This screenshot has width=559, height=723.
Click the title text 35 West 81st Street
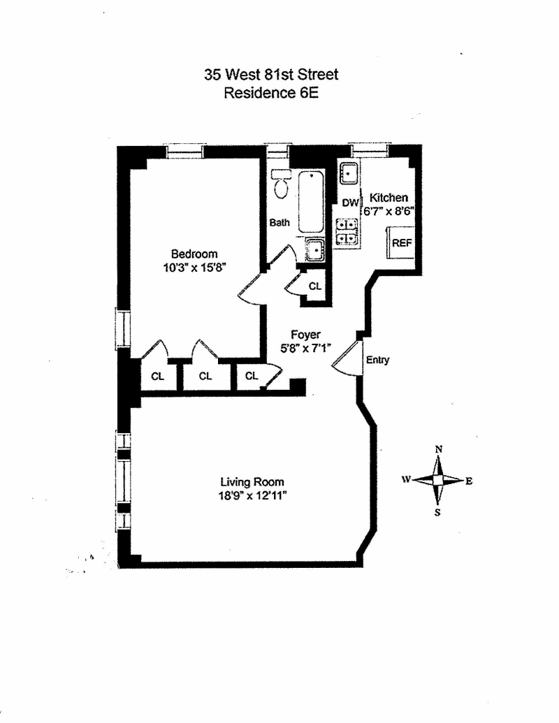(x=271, y=75)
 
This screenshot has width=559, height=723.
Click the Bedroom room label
(x=194, y=254)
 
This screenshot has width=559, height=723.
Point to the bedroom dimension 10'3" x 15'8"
(x=194, y=266)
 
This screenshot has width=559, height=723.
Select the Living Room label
(x=252, y=482)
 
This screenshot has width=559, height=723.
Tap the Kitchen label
(x=389, y=198)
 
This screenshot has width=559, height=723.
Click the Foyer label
(x=305, y=335)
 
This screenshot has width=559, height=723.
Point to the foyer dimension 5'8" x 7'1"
(x=305, y=347)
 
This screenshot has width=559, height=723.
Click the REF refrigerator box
(x=402, y=243)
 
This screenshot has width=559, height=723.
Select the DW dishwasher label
(x=349, y=203)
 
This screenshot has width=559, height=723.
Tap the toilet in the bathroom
(x=281, y=184)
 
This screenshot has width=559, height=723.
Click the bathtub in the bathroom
(x=311, y=201)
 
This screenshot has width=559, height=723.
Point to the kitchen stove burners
(x=347, y=231)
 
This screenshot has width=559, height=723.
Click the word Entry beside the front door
(x=377, y=360)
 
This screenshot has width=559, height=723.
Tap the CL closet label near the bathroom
(x=315, y=286)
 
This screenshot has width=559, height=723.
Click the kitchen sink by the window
(x=349, y=172)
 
